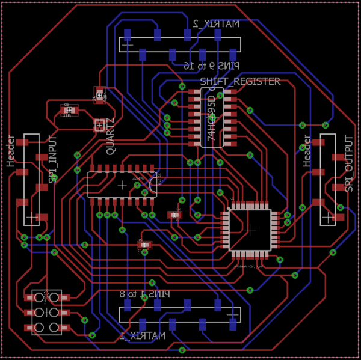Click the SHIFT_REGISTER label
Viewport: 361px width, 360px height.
(239, 81)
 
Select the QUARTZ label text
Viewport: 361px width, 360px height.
(111, 136)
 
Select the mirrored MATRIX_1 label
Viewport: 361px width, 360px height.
(142, 335)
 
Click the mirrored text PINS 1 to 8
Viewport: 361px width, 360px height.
(144, 294)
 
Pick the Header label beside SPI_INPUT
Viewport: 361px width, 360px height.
(11, 151)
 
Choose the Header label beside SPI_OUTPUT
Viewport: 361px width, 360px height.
(307, 151)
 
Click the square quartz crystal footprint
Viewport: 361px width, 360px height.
(99, 125)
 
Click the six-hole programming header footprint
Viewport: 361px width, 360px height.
(46, 312)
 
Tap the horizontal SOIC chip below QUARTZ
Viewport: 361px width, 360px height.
(122, 185)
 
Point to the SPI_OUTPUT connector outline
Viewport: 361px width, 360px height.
(328, 179)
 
